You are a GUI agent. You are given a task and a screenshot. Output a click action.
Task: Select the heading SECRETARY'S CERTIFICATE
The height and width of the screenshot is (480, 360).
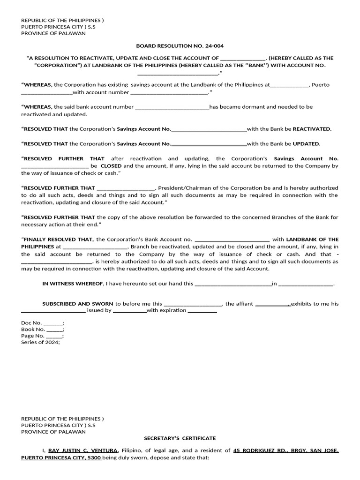click(x=180, y=438)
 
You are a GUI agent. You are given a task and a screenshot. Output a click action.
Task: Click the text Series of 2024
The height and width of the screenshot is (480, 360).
click(x=40, y=342)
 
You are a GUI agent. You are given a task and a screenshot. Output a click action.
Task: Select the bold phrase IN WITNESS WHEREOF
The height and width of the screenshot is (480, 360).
click(x=73, y=284)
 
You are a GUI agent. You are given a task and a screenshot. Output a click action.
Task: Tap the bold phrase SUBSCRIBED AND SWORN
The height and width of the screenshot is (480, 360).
click(x=78, y=304)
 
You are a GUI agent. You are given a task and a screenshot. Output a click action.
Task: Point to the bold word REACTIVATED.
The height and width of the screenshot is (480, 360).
click(x=312, y=129)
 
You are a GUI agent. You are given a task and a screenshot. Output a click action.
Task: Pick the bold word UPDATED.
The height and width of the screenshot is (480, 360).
click(x=307, y=144)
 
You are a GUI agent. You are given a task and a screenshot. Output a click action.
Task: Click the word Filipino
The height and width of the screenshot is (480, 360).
click(x=132, y=450)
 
